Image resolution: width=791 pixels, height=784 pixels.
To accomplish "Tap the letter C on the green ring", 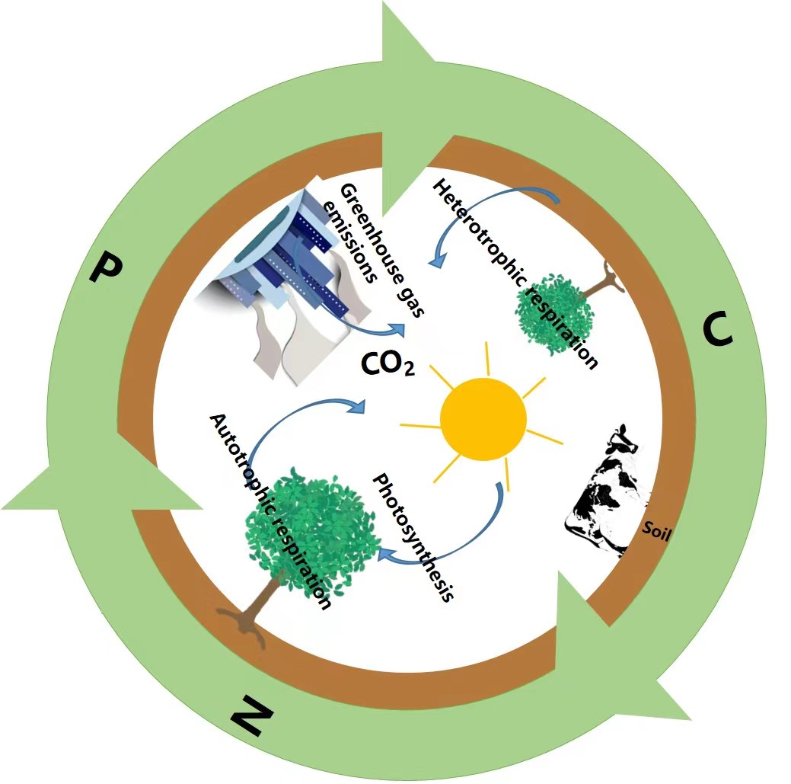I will pos(716,329).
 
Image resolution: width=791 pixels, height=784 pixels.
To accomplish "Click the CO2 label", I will pos(387,365).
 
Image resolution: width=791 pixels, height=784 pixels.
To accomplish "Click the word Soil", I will pos(655,530).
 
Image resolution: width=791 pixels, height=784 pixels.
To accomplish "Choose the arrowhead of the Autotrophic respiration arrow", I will pos(357,406).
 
